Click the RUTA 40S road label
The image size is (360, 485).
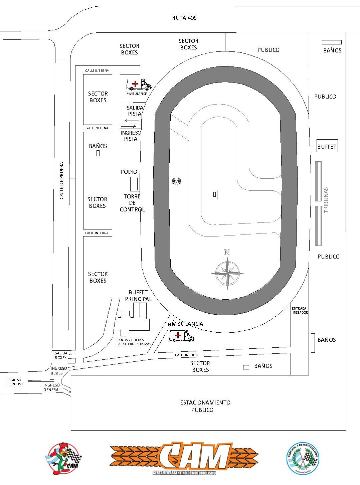pos(184,18)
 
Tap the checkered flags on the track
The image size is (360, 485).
pos(176,181)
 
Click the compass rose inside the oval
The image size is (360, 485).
pos(227,272)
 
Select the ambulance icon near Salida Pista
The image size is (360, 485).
pos(139,85)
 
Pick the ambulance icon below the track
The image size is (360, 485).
pos(181,336)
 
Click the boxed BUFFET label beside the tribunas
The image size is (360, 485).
pos(327,146)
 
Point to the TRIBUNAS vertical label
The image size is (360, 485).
pos(326,200)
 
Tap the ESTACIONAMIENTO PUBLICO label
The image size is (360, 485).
pos(205,406)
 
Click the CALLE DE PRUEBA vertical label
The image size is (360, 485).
pos(61,181)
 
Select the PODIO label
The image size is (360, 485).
pos(129,172)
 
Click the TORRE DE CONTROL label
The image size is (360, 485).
pos(132,203)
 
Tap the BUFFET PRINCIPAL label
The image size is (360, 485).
pos(138,296)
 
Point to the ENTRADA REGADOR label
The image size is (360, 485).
pos(300,310)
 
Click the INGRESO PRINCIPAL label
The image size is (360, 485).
pos(15,382)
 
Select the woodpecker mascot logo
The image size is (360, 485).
pos(63,458)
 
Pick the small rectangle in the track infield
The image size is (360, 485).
pos(214,194)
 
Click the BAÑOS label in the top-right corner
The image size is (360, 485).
pos(332,50)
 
